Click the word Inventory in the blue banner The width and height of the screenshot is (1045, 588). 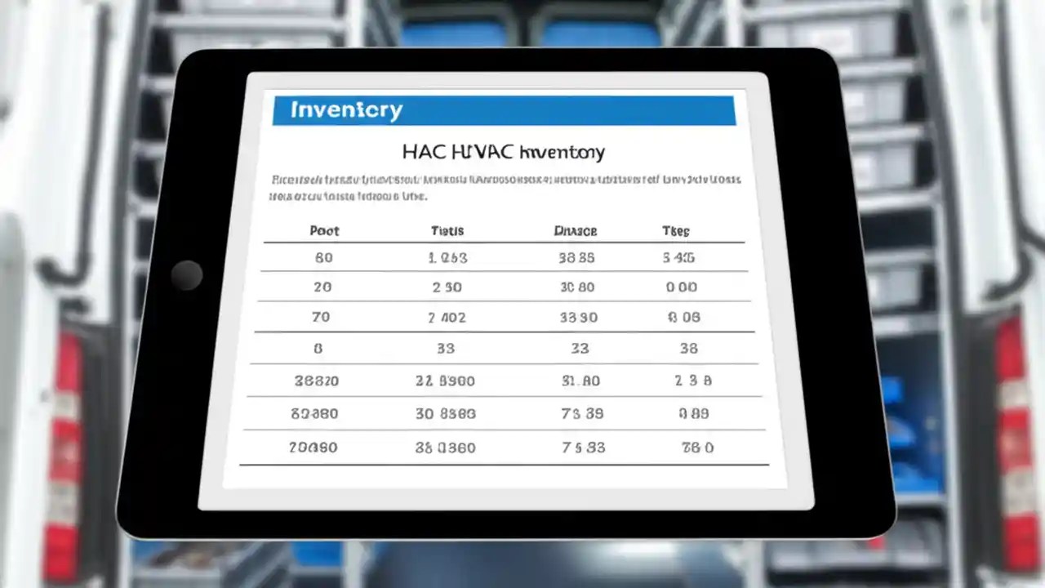coord(347,110)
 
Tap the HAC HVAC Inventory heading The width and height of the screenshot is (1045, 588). coord(504,152)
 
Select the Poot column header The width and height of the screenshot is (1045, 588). coord(324,231)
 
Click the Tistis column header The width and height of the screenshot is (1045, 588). coord(447,231)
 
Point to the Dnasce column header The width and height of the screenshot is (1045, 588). coord(576,231)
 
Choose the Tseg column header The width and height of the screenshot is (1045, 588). coord(676,231)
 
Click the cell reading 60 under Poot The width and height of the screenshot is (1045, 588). coord(323,258)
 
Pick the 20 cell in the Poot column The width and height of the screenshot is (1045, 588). coord(322,287)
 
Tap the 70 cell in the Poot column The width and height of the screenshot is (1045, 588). coord(322,317)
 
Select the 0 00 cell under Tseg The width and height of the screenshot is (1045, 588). coord(682,287)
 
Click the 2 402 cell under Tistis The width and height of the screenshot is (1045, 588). coord(447,318)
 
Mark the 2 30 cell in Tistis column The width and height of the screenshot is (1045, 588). coord(447,287)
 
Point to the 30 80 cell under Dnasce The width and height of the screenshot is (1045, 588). coord(577,287)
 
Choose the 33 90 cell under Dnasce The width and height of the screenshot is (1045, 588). coord(578,318)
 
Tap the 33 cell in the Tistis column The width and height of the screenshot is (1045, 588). coord(446,349)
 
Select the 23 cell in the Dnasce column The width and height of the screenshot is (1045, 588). coord(580,349)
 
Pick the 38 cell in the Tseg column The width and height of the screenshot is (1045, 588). coord(688,349)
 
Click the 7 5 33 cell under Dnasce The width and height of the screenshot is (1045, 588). coord(583,448)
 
